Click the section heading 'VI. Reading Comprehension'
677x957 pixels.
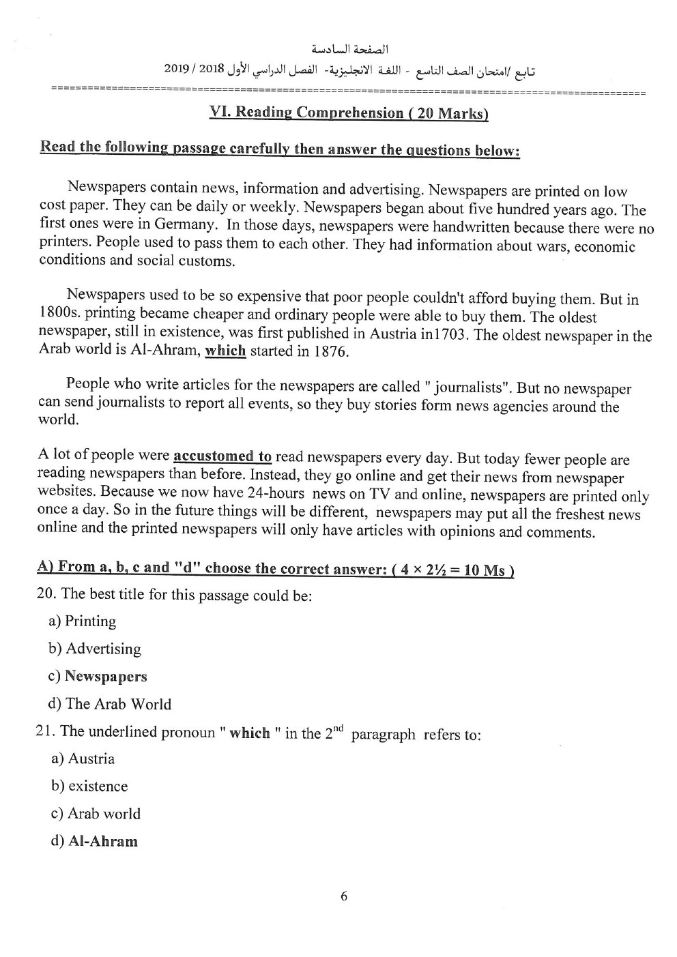tap(349, 113)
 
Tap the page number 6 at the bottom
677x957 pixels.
tap(343, 896)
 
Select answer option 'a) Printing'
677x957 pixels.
tap(83, 621)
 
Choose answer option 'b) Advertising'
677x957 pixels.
tap(95, 649)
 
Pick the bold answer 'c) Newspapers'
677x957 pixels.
tap(98, 677)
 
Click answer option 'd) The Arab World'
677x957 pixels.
tap(110, 704)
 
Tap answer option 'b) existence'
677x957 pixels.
tap(89, 786)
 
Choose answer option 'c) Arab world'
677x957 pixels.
tap(96, 814)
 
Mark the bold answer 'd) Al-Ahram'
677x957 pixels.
tap(94, 841)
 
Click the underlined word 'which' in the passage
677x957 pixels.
tap(225, 351)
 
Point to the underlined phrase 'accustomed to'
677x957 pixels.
tap(222, 456)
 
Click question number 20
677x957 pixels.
tap(46, 593)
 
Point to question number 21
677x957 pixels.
tap(45, 731)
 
